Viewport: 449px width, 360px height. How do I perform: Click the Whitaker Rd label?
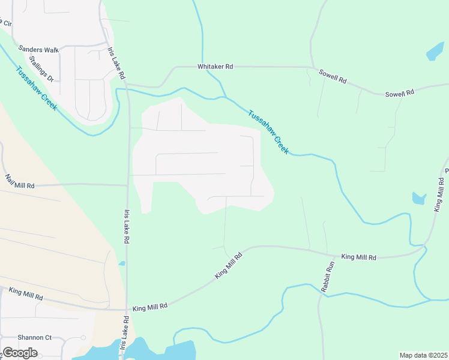215,67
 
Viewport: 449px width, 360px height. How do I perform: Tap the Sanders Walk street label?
38,50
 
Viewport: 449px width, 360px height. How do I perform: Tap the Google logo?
20,353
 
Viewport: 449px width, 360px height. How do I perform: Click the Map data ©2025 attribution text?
423,355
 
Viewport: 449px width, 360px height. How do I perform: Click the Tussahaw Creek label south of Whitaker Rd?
268,132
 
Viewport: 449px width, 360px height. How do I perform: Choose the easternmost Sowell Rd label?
400,94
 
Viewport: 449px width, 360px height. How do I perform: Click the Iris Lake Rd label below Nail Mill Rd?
127,226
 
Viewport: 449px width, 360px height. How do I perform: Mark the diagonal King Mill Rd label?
229,265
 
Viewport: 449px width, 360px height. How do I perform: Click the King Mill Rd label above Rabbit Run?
358,257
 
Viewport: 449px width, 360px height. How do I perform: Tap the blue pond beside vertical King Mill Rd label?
419,198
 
